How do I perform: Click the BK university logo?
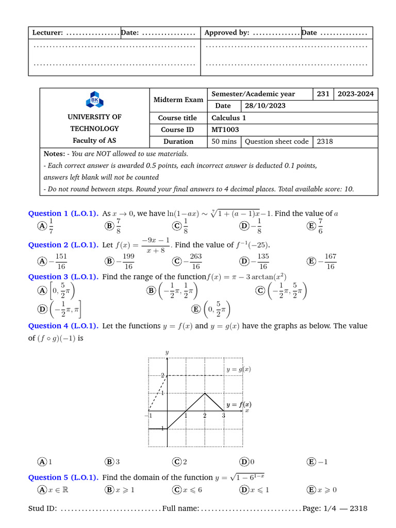coord(95,100)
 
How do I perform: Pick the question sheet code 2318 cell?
coord(325,141)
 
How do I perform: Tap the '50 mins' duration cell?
coord(224,141)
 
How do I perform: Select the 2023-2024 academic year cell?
coord(355,94)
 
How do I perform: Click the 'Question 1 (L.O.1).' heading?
coord(63,213)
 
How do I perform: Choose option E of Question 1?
coord(311,226)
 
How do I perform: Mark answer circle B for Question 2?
coord(109,261)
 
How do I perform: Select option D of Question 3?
coord(42,309)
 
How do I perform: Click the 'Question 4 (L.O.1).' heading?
coord(63,326)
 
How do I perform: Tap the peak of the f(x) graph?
coord(205,393)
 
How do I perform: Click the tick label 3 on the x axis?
coord(223,416)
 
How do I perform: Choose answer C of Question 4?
coord(177,462)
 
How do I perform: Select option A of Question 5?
coord(42,490)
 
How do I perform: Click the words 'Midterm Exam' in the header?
coord(178,100)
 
